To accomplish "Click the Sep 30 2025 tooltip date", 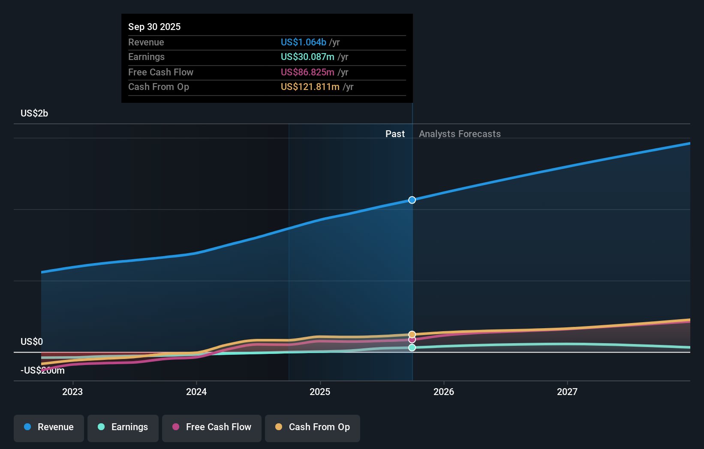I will [154, 27].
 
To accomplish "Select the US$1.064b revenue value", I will [303, 42].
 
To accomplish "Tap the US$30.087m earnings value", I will [307, 57].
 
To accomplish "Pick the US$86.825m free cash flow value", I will [307, 72].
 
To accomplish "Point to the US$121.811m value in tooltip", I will [310, 87].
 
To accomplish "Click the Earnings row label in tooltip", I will [146, 57].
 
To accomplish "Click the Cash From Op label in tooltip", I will [158, 87].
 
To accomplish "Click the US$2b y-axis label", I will [34, 113].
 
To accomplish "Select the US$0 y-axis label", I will [32, 341].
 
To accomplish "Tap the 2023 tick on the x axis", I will [72, 392].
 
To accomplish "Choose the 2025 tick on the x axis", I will [320, 392].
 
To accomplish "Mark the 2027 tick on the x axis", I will [567, 392].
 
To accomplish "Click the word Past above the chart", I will [394, 134].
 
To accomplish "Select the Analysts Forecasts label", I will [460, 134].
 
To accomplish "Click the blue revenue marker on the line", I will [412, 200].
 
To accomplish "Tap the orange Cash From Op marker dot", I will [412, 334].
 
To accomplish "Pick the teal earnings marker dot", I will [412, 347].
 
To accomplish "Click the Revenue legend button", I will [49, 427].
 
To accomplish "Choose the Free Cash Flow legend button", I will [212, 427].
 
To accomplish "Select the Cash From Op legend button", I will [313, 427].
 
